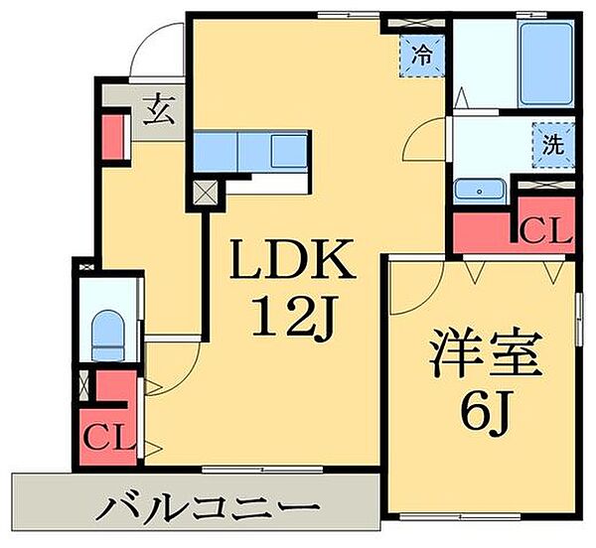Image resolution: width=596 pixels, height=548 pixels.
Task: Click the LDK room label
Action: [292, 259]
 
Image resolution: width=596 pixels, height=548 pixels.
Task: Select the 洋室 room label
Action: [486, 352]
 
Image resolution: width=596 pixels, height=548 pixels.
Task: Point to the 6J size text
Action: [486, 412]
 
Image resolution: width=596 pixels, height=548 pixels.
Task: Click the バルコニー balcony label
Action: [208, 508]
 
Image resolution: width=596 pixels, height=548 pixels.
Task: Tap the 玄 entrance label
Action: [160, 110]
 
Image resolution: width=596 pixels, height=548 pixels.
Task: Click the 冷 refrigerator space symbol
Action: [422, 57]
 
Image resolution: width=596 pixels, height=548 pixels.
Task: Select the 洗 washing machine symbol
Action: [553, 145]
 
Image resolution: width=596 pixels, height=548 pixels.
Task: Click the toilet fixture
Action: [108, 336]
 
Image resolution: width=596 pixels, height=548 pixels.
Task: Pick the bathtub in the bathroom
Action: [546, 64]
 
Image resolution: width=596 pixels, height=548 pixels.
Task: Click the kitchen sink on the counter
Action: [289, 151]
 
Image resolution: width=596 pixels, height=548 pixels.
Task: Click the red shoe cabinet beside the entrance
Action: [113, 137]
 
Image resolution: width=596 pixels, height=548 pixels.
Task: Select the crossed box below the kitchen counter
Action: [206, 193]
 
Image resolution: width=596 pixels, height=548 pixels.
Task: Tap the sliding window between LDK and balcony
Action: [262, 470]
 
